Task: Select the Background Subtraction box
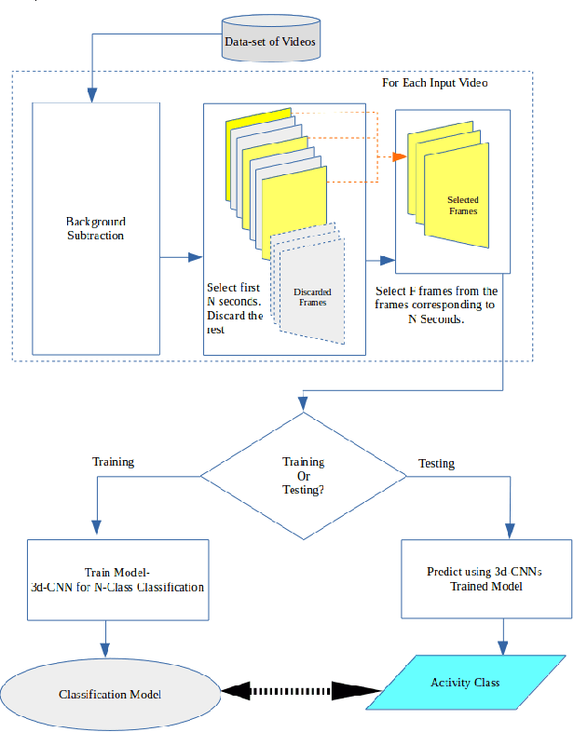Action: (x=96, y=228)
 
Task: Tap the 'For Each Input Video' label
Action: (x=435, y=83)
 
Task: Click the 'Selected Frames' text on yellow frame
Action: (x=462, y=206)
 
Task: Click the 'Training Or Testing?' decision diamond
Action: (x=303, y=476)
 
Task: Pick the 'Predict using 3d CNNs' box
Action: (x=485, y=579)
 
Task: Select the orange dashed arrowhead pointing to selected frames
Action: (x=400, y=157)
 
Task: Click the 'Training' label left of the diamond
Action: (x=113, y=462)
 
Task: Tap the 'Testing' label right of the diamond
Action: (x=436, y=463)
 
